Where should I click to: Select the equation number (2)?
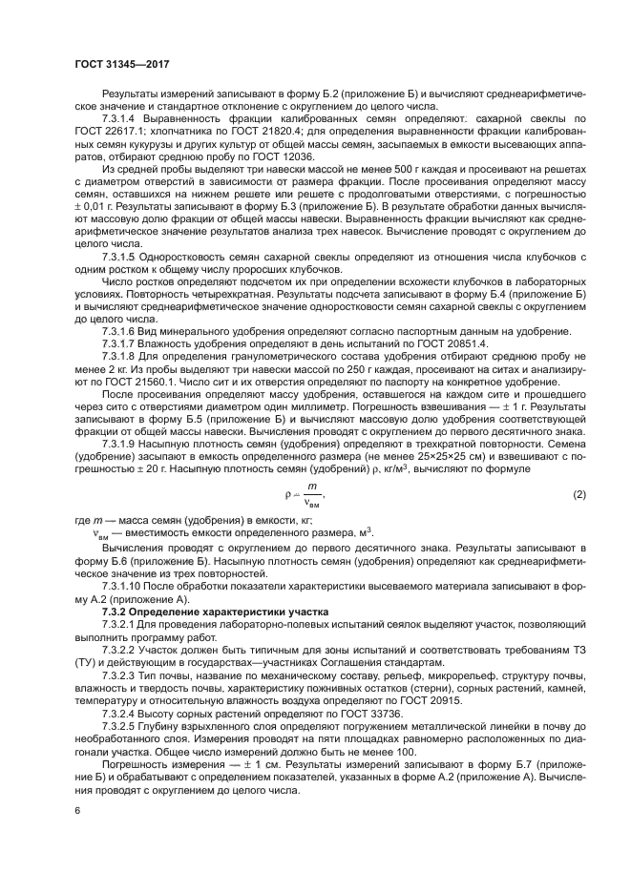click(x=578, y=494)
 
